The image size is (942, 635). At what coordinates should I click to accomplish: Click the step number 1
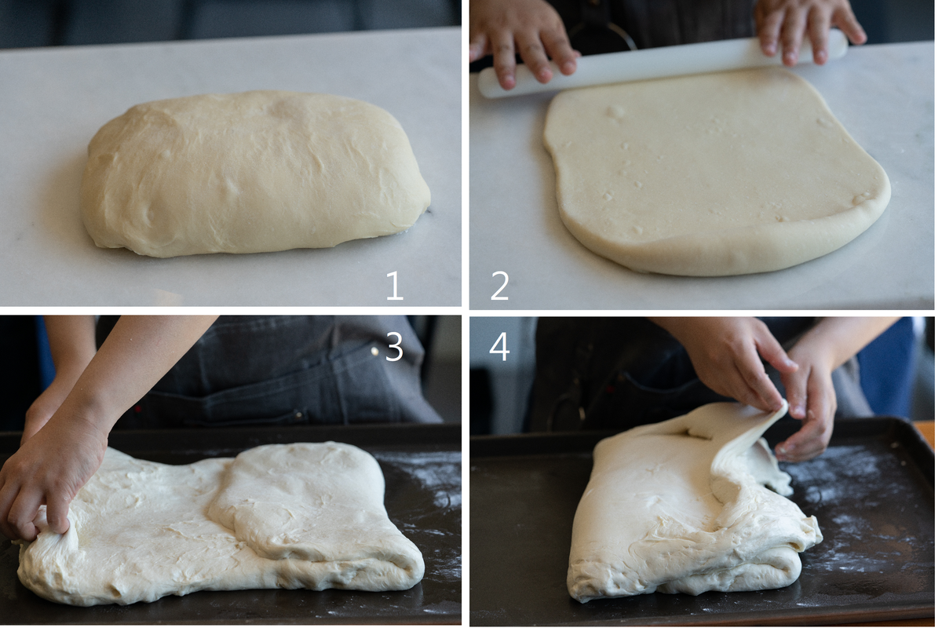(x=395, y=286)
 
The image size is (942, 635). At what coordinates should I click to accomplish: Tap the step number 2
(x=499, y=286)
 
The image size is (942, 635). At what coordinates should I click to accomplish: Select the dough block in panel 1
(x=255, y=173)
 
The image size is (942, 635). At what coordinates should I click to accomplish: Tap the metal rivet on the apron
(x=374, y=350)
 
